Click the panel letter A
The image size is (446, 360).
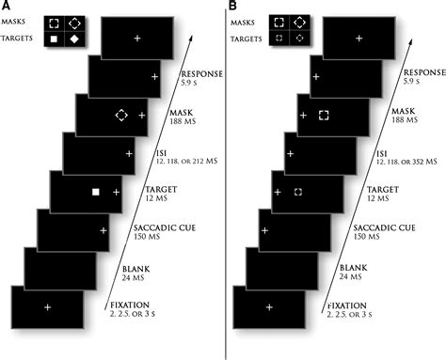[8, 8]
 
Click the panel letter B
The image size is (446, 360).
[231, 8]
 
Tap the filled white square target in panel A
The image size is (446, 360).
[95, 192]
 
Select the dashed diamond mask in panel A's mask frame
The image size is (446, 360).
[120, 115]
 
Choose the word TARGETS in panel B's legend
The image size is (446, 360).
[245, 39]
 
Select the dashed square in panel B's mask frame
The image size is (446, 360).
[323, 115]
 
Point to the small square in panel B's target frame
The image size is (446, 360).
[297, 192]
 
